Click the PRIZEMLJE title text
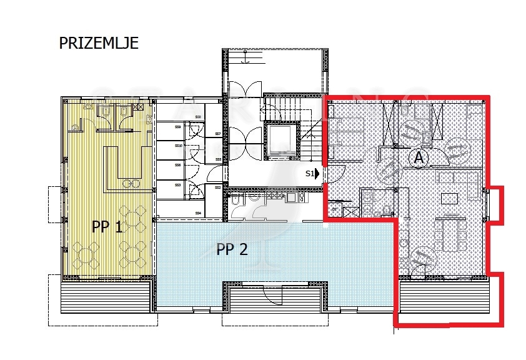tap(99, 43)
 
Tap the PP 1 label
tap(107, 227)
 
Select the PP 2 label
tap(232, 249)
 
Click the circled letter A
tap(419, 158)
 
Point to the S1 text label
tap(309, 174)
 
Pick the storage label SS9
tap(177, 127)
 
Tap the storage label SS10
tap(178, 146)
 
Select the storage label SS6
tap(177, 165)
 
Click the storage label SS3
tap(177, 185)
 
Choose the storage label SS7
tap(217, 134)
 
